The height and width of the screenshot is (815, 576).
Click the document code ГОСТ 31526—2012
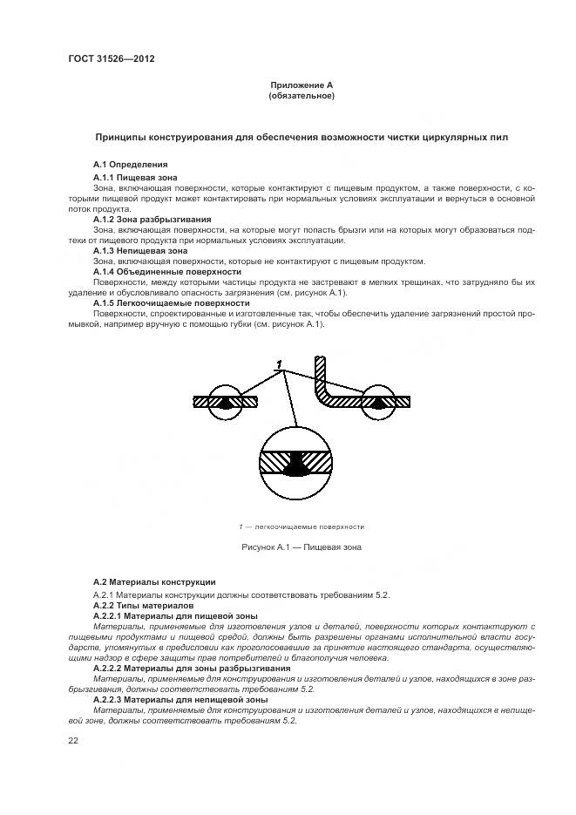105,58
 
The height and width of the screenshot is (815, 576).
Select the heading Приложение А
302,85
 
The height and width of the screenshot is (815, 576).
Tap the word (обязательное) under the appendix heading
302,95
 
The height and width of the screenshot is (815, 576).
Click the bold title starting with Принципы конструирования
302,138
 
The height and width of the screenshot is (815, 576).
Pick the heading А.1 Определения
130,164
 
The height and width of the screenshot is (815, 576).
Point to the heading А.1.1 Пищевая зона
135,177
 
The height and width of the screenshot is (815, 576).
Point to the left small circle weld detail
226,402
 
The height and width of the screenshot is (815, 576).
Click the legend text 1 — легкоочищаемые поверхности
302,526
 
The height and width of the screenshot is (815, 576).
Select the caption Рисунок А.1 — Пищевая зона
302,547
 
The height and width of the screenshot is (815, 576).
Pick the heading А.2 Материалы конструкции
154,581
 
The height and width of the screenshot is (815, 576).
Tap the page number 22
73,740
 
